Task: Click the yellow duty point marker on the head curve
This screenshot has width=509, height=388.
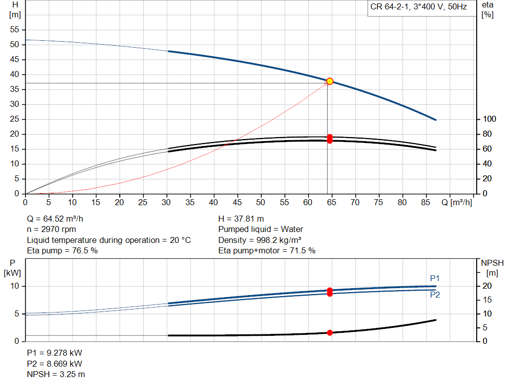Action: coord(330,81)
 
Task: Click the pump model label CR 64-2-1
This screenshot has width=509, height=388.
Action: coord(419,7)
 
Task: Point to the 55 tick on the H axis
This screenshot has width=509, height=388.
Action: coord(15,30)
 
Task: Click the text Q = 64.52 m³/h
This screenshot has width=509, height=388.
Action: coord(59,219)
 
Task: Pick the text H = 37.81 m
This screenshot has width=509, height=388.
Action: coord(241,219)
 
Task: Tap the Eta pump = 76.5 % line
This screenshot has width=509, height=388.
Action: coord(62,251)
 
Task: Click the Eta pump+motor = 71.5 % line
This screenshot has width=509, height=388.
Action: coord(267,251)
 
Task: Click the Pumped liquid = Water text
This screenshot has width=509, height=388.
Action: coord(260,230)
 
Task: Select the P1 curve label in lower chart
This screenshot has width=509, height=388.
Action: coord(435,278)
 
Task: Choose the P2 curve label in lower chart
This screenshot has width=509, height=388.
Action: coord(435,295)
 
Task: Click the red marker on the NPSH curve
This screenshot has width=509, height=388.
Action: coord(330,332)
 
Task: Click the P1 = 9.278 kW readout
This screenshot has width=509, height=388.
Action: coord(54,353)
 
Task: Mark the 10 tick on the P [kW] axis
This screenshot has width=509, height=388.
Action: coord(15,286)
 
